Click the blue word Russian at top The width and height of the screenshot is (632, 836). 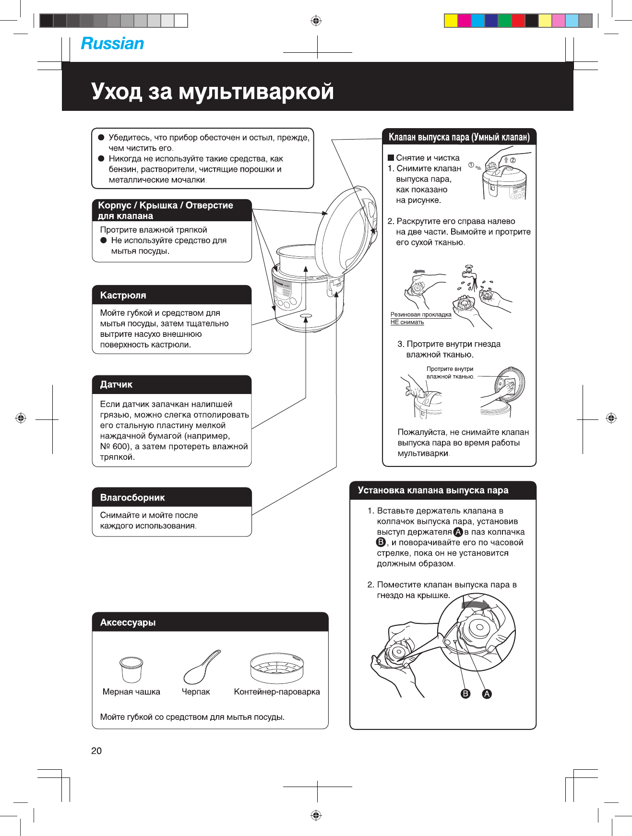112,44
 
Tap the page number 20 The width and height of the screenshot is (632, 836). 96,751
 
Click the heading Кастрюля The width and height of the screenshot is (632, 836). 123,295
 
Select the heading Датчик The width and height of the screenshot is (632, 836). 116,384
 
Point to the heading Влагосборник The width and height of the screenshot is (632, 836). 132,498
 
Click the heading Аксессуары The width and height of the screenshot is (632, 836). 128,622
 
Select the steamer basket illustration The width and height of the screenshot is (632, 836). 277,668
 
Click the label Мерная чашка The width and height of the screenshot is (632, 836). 131,692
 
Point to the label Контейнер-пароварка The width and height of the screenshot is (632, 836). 277,692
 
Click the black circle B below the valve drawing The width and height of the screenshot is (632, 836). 465,694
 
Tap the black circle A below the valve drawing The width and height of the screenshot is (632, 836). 487,694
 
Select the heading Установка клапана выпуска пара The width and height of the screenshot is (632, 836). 433,490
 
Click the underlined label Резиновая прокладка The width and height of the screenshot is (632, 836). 421,315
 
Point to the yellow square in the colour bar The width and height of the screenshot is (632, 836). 451,21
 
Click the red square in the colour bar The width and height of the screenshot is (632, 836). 518,21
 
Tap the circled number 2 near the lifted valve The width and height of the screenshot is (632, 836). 513,160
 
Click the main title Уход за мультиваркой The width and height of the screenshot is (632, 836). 213,91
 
